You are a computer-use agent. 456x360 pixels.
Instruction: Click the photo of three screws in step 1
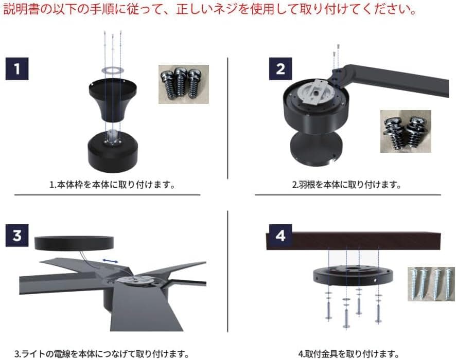tap(183, 83)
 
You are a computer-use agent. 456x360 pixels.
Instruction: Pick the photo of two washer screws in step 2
tap(405, 131)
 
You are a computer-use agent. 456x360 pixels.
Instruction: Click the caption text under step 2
tap(346, 184)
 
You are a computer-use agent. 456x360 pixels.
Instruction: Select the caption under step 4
tap(348, 353)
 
